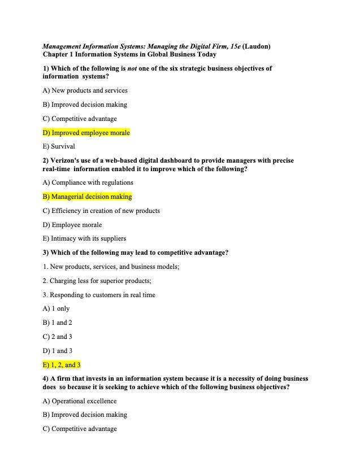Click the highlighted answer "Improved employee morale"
86,133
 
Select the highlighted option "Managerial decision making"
88,197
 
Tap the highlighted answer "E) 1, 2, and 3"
62,365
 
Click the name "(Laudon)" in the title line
258,46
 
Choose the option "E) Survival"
59,146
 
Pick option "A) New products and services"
85,90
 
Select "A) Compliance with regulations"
88,182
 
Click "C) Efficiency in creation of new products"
101,211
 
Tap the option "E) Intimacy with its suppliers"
84,238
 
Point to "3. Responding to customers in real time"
99,295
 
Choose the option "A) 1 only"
56,308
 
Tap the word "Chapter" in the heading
57,54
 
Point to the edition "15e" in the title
232,46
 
